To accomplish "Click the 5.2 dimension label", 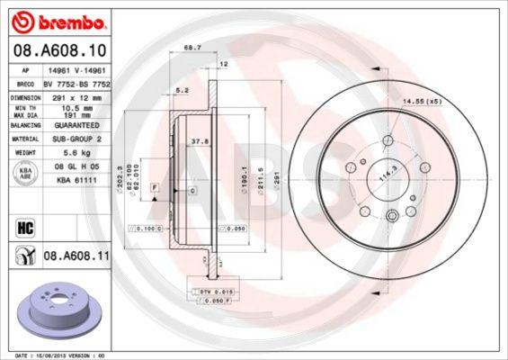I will click(183, 90).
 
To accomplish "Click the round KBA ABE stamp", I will click(24, 174).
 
